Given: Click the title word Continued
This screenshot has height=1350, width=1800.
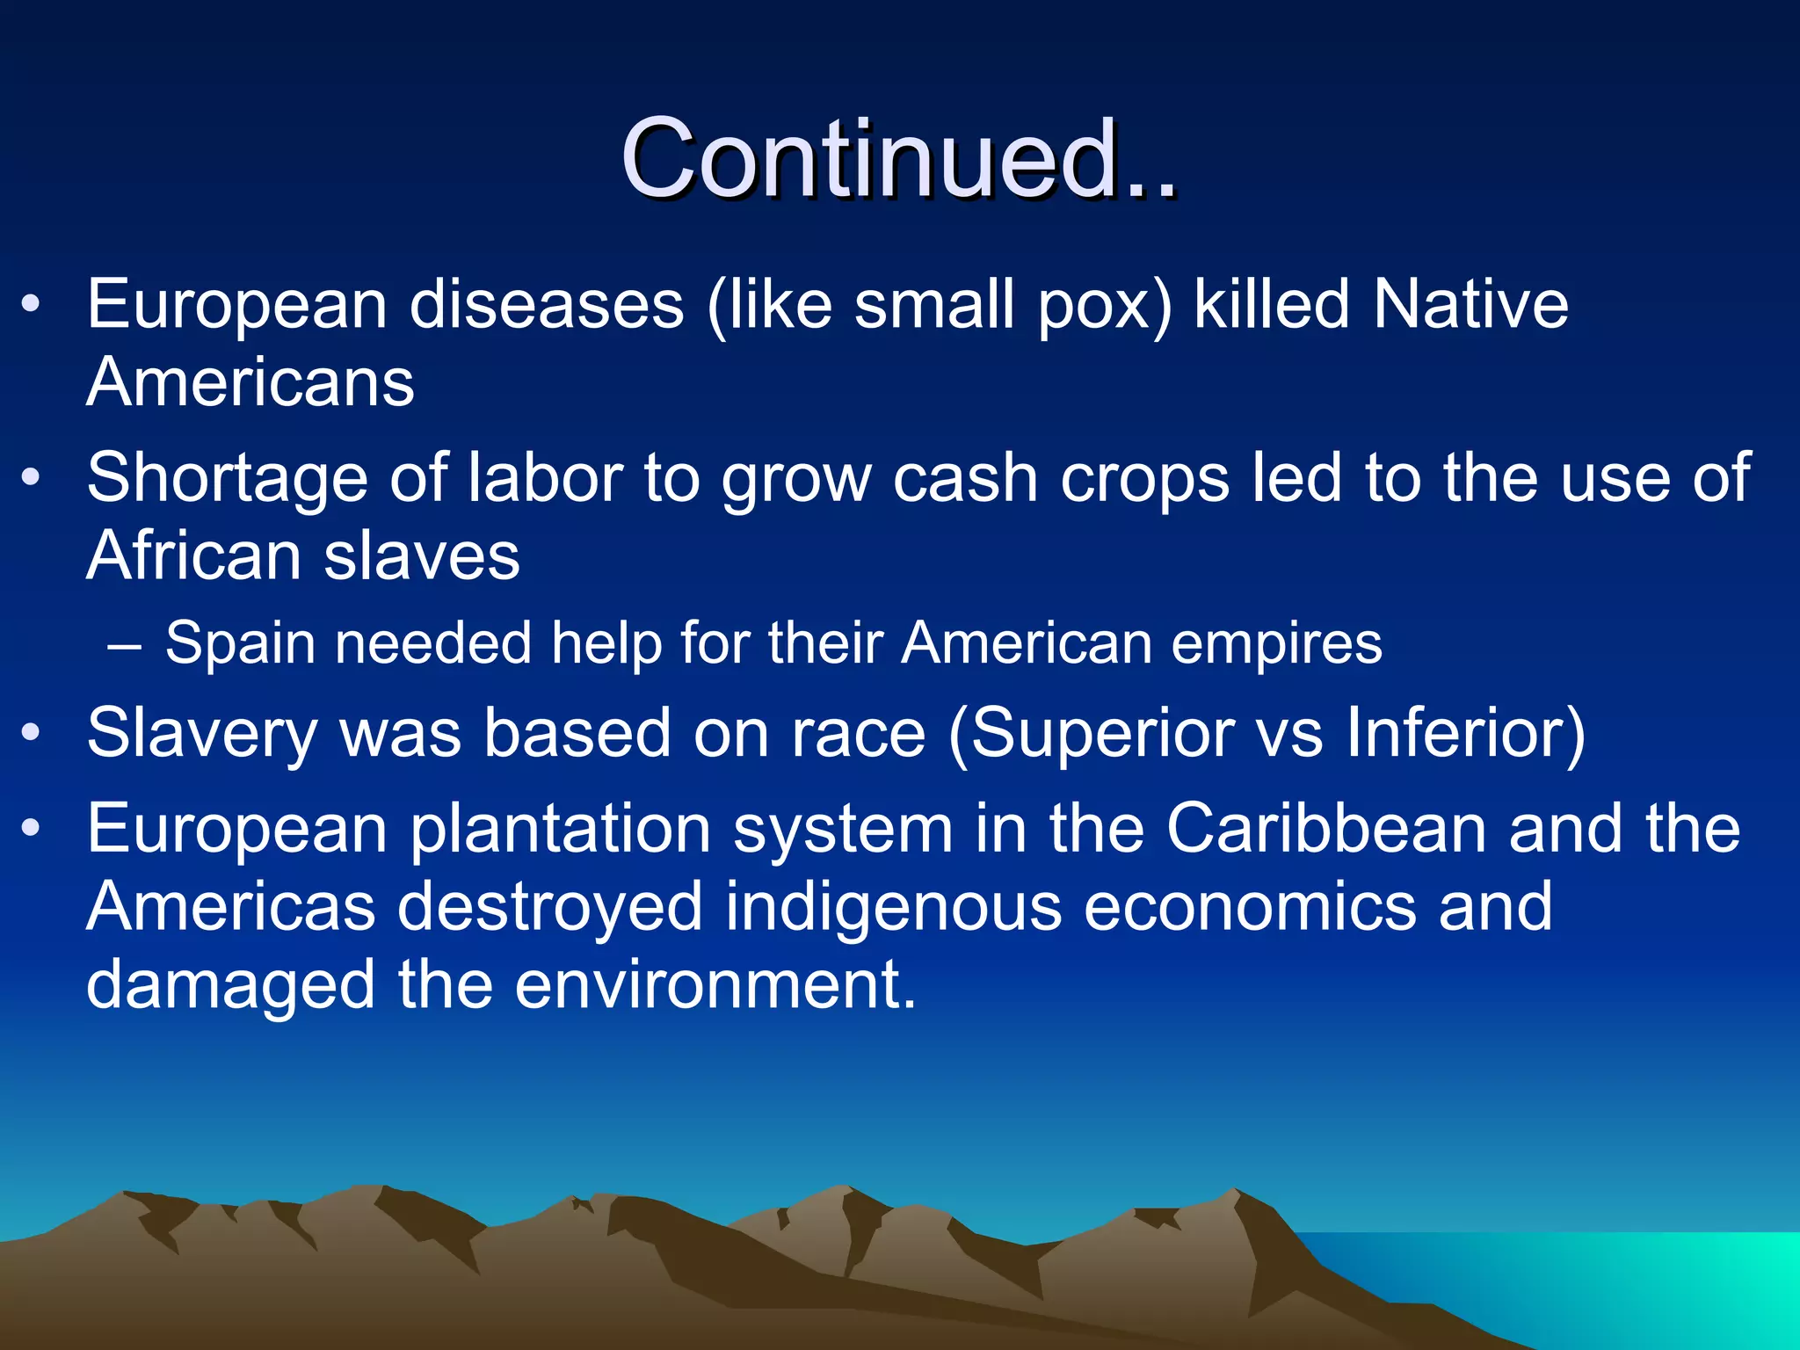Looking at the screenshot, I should click(x=896, y=160).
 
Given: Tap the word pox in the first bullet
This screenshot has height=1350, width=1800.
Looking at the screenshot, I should click(x=1106, y=305).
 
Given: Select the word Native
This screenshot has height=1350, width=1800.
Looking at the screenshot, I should click(x=1470, y=305).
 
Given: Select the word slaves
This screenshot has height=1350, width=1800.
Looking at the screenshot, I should click(x=422, y=556).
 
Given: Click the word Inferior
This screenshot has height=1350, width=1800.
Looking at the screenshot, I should click(x=1455, y=733).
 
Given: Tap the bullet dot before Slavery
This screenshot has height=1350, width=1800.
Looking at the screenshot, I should click(x=32, y=733).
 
